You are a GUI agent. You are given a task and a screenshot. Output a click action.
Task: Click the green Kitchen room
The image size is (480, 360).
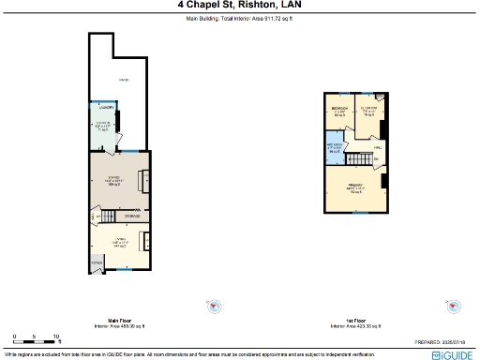(x=101, y=129)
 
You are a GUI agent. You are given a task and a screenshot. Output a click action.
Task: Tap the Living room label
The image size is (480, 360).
(x=120, y=242)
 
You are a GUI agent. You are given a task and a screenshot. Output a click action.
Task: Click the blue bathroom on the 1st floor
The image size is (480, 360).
(x=335, y=148)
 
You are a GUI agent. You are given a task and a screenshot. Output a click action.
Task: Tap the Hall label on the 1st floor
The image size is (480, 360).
(x=378, y=147)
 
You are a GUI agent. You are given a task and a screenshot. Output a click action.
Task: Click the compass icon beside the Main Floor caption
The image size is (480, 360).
(x=214, y=307)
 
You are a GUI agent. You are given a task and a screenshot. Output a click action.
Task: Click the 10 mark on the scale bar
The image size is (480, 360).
(x=56, y=336)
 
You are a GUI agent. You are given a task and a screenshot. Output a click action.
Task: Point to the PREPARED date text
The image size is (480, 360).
(x=442, y=343)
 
